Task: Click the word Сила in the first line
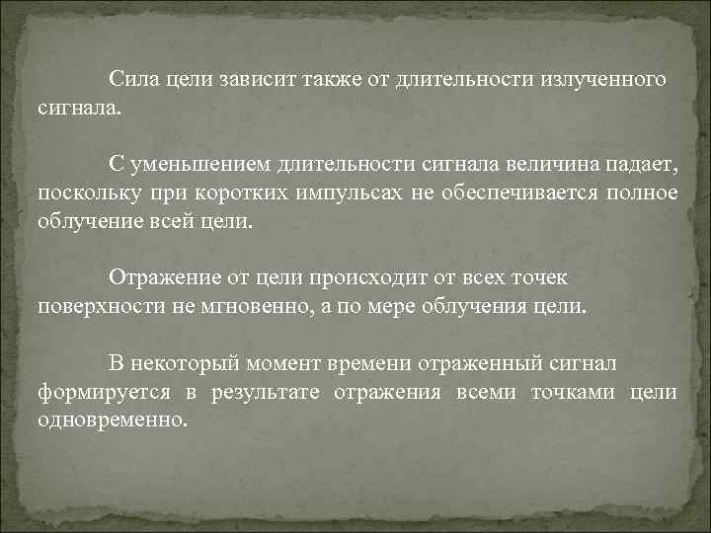pyautogui.click(x=131, y=78)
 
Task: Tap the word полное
pyautogui.click(x=642, y=192)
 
